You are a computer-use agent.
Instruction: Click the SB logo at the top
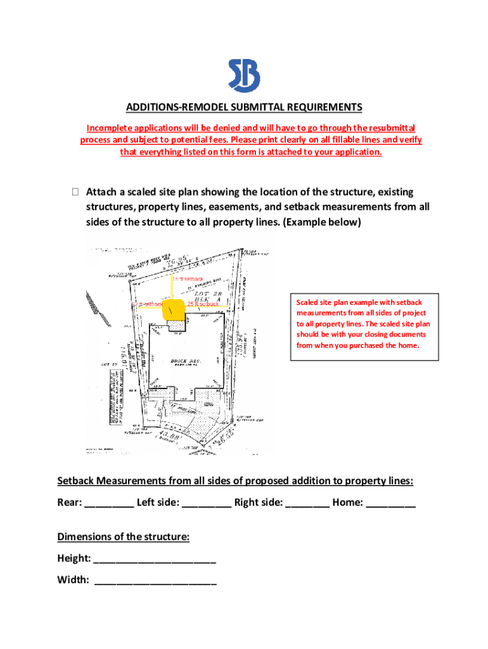coord(244,75)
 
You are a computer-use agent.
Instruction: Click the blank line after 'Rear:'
coord(108,504)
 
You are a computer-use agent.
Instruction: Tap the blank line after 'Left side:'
coord(206,504)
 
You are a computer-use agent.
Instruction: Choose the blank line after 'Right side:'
coord(307,504)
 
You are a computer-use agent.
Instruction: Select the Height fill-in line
coord(155,560)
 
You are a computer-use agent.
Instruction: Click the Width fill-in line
coord(155,581)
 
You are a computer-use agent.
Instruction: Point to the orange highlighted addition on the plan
coord(172,311)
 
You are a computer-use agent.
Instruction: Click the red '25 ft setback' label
coord(203,304)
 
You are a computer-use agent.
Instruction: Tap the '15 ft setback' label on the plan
coord(187,279)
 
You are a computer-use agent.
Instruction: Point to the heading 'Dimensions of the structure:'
coord(123,537)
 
